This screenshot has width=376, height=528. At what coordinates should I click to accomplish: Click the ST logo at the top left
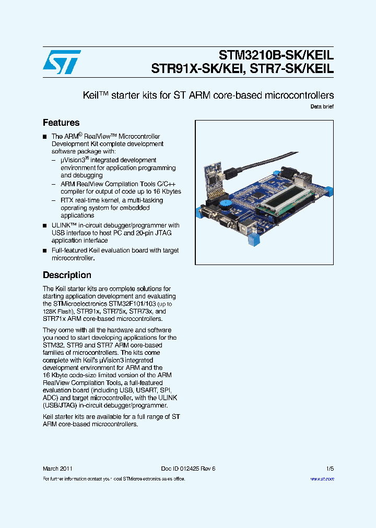point(62,62)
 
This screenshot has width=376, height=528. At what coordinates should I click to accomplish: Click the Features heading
point(61,123)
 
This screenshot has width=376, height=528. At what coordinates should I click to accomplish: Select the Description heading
point(67,275)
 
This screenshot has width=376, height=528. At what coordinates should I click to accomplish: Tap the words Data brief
point(322,106)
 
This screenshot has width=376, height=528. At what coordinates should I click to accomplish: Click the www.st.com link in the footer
point(322,478)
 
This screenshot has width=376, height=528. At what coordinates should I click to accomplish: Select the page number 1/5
point(330,469)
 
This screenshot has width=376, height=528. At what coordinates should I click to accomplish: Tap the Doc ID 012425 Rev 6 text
point(188,469)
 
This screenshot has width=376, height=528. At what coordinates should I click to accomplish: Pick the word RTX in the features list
point(67,200)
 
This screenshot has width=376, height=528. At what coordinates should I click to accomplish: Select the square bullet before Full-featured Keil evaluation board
point(45,251)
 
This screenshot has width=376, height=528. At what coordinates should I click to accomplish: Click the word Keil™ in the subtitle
point(95,95)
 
